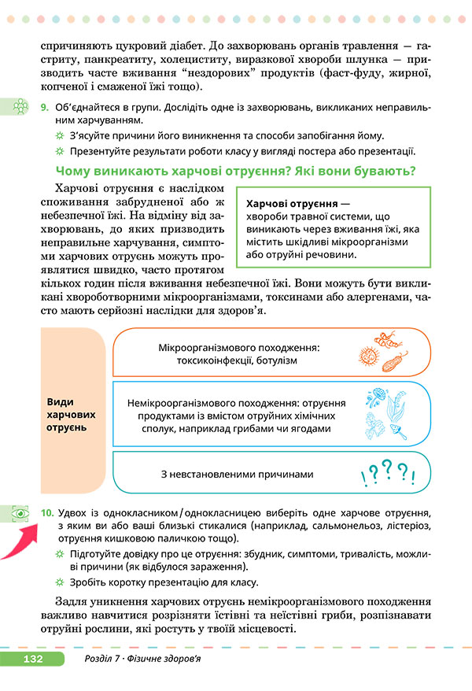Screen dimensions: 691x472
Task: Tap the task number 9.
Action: (x=44, y=106)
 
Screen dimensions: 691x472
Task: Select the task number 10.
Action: (x=46, y=512)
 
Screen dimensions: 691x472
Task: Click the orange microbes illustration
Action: (x=385, y=353)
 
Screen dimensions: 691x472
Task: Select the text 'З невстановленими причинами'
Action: (x=237, y=475)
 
